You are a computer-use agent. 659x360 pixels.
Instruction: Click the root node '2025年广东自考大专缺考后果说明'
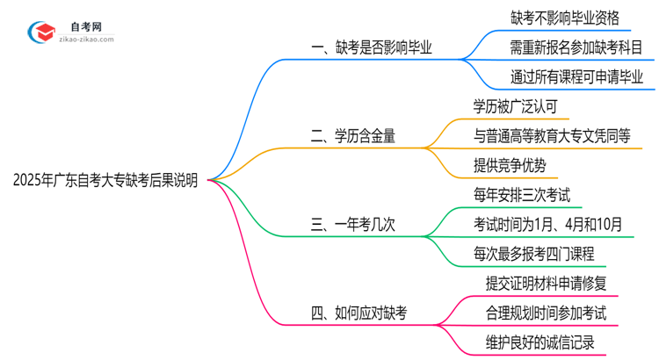[105, 182]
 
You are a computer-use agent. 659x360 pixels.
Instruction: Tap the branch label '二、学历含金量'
[353, 135]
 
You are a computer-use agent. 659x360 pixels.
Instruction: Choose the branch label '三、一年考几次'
[353, 224]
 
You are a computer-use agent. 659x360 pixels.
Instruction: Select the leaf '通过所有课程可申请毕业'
[576, 76]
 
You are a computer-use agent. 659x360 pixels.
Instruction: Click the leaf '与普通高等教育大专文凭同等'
[551, 135]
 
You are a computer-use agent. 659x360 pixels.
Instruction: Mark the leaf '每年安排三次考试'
[520, 194]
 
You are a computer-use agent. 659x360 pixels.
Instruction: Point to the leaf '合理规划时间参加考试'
[545, 312]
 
